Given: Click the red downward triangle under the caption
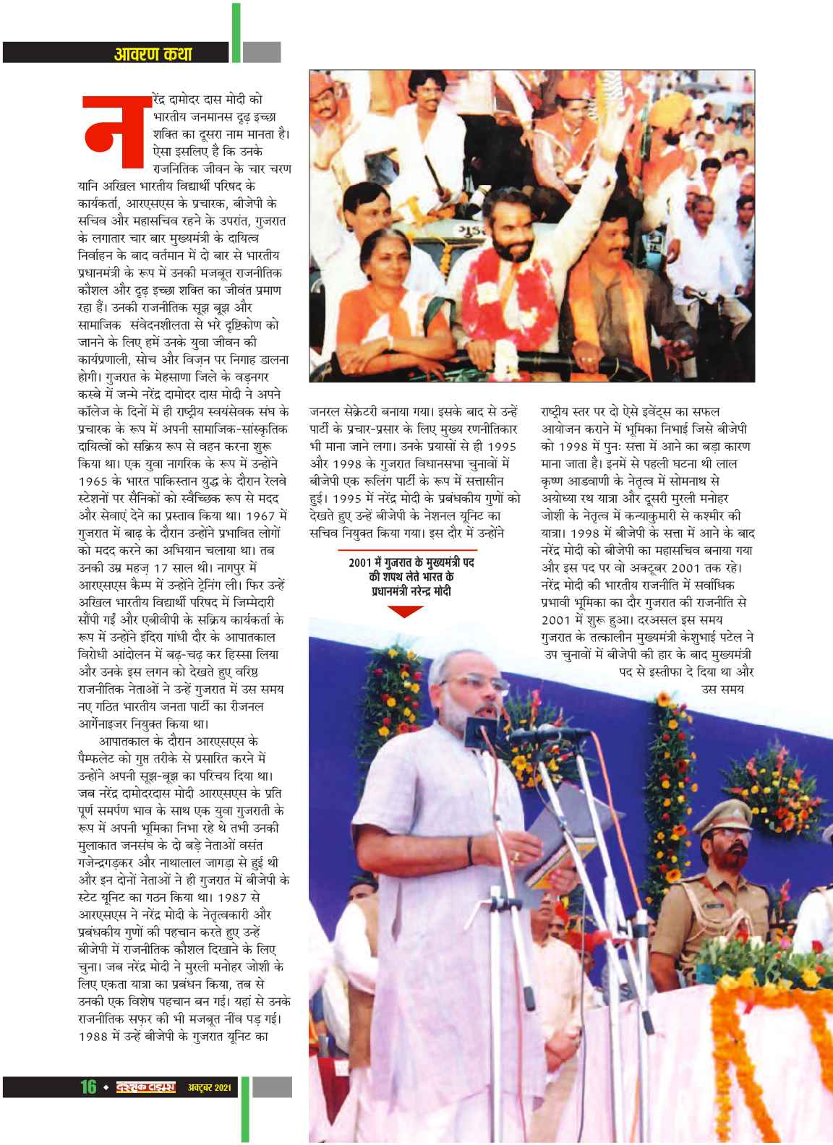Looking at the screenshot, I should tap(411, 612).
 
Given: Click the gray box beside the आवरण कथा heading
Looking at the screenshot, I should tap(261, 52).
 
